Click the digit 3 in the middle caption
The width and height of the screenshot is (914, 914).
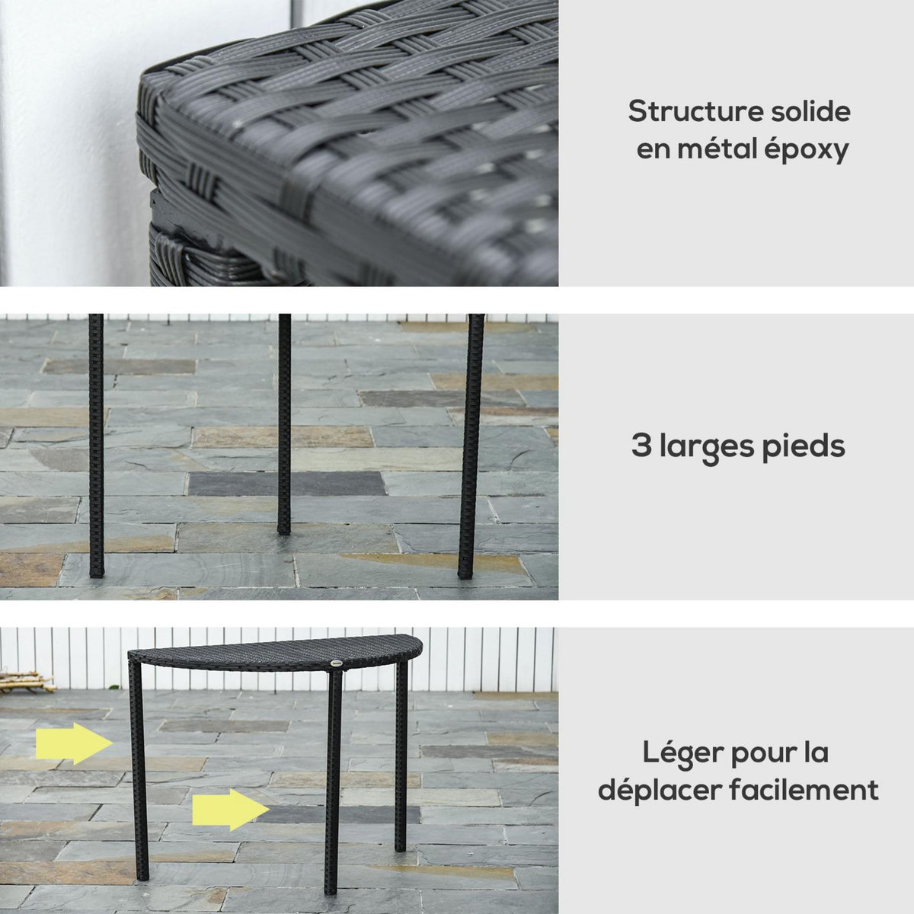click(641, 446)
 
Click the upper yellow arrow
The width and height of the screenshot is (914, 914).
click(73, 743)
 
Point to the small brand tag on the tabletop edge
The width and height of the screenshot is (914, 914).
click(337, 662)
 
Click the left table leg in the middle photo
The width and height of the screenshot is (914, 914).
click(96, 446)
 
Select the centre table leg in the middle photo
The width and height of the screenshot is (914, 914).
click(284, 423)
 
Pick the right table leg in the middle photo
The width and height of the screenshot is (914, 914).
click(471, 446)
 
